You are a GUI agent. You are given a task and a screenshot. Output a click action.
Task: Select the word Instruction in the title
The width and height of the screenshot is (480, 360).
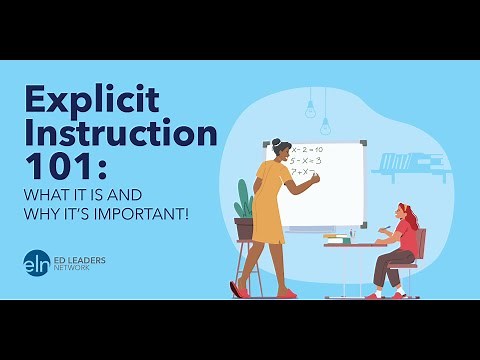tap(120, 132)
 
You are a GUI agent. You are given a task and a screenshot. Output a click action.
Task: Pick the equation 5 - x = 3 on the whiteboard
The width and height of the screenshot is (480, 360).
tap(304, 160)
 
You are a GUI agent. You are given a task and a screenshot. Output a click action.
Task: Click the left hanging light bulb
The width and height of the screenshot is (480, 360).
tap(311, 108)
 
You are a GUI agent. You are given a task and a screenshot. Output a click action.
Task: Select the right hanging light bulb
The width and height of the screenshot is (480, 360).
tap(325, 126)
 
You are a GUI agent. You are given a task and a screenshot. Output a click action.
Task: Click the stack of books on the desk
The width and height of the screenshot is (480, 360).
tap(338, 238)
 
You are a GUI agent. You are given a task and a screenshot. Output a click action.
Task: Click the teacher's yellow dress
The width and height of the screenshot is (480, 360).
tap(268, 205)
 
